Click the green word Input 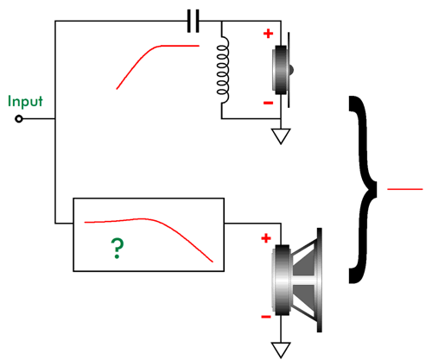pyautogui.click(x=25, y=102)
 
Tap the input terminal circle pyautogui.click(x=19, y=118)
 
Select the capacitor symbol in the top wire pyautogui.click(x=193, y=21)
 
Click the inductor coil pyautogui.click(x=223, y=70)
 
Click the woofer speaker pyautogui.click(x=296, y=280)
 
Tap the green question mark pyautogui.click(x=118, y=249)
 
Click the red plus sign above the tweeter pyautogui.click(x=268, y=34)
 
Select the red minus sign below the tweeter pyautogui.click(x=268, y=103)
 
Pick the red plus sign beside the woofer pyautogui.click(x=266, y=238)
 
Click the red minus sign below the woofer pyautogui.click(x=266, y=317)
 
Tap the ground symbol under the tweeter pyautogui.click(x=281, y=136)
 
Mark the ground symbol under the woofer pyautogui.click(x=281, y=350)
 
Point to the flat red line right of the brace pyautogui.click(x=405, y=189)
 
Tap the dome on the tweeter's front pyautogui.click(x=291, y=70)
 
